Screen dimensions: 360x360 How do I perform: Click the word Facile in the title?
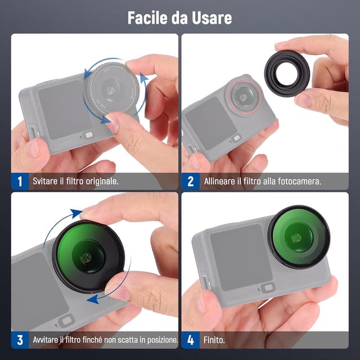148,17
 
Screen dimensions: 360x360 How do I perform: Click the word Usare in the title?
212,17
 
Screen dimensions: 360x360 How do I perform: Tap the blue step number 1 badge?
20,181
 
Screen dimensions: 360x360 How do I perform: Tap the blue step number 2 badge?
190,181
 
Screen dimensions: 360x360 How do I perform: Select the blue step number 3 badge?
20,340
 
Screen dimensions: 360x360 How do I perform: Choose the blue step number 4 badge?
190,340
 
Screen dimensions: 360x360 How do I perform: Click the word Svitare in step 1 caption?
46,182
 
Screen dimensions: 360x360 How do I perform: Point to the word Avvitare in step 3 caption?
48,340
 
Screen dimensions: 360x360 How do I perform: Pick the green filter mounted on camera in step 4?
298,236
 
